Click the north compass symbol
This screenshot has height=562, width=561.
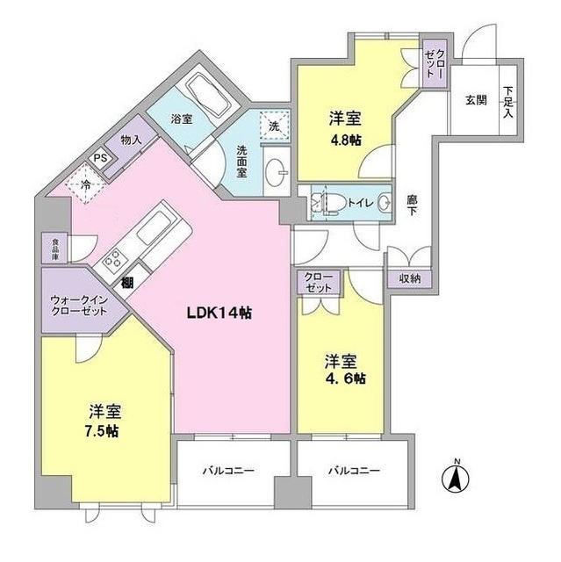456,477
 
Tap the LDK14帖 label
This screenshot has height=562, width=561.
219,313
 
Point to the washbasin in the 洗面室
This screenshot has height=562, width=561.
277,172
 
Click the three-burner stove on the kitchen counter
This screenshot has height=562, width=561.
112,258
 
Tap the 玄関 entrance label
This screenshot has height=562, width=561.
476,100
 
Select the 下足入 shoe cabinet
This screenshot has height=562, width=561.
508,101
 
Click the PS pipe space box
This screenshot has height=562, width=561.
101,158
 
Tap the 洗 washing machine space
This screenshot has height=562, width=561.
275,124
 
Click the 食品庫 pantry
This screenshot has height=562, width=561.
54,248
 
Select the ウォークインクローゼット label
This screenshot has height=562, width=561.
79,305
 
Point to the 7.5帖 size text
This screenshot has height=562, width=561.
101,431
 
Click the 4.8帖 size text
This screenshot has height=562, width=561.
345,140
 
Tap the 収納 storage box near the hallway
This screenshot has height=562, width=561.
409,278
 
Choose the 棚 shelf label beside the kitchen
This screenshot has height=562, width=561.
126,283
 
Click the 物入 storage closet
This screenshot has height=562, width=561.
131,140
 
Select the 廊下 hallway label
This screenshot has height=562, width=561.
412,205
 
